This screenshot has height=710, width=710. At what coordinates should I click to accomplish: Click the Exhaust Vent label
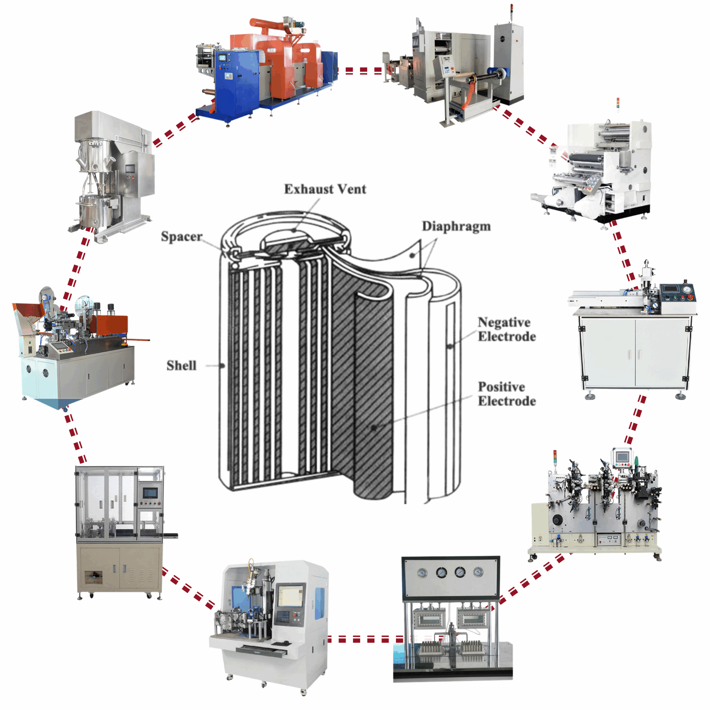pos(325,189)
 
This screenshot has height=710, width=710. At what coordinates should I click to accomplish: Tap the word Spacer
pos(182,236)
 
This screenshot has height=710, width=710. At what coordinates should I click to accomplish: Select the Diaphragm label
pos(456,226)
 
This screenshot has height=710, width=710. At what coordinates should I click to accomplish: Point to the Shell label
pos(182,365)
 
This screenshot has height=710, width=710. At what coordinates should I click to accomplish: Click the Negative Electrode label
pos(506,329)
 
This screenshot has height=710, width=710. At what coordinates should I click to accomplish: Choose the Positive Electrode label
pos(506,394)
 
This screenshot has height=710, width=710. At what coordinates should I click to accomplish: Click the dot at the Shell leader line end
pos(222,366)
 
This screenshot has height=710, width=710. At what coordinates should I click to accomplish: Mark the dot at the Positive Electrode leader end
pos(374,428)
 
